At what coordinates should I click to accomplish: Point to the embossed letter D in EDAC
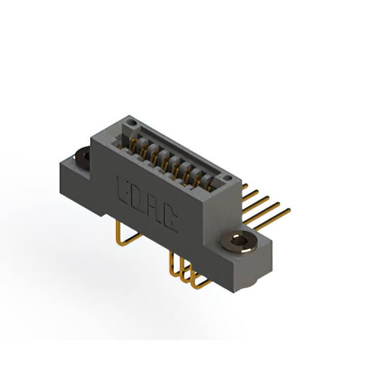click(x=138, y=198)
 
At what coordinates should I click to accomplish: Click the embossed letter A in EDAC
click(x=155, y=210)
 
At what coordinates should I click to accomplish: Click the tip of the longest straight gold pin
click(x=289, y=210)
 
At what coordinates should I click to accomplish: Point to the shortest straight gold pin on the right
click(x=245, y=186)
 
